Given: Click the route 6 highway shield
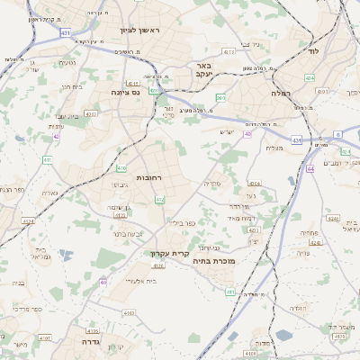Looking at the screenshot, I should click(337, 134).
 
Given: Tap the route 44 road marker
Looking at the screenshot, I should click(310, 168).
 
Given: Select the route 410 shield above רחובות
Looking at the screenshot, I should click(121, 167).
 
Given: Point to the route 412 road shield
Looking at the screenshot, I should click(160, 199).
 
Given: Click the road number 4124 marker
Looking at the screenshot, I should click(28, 220).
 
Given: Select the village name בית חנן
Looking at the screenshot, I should click(71, 86).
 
